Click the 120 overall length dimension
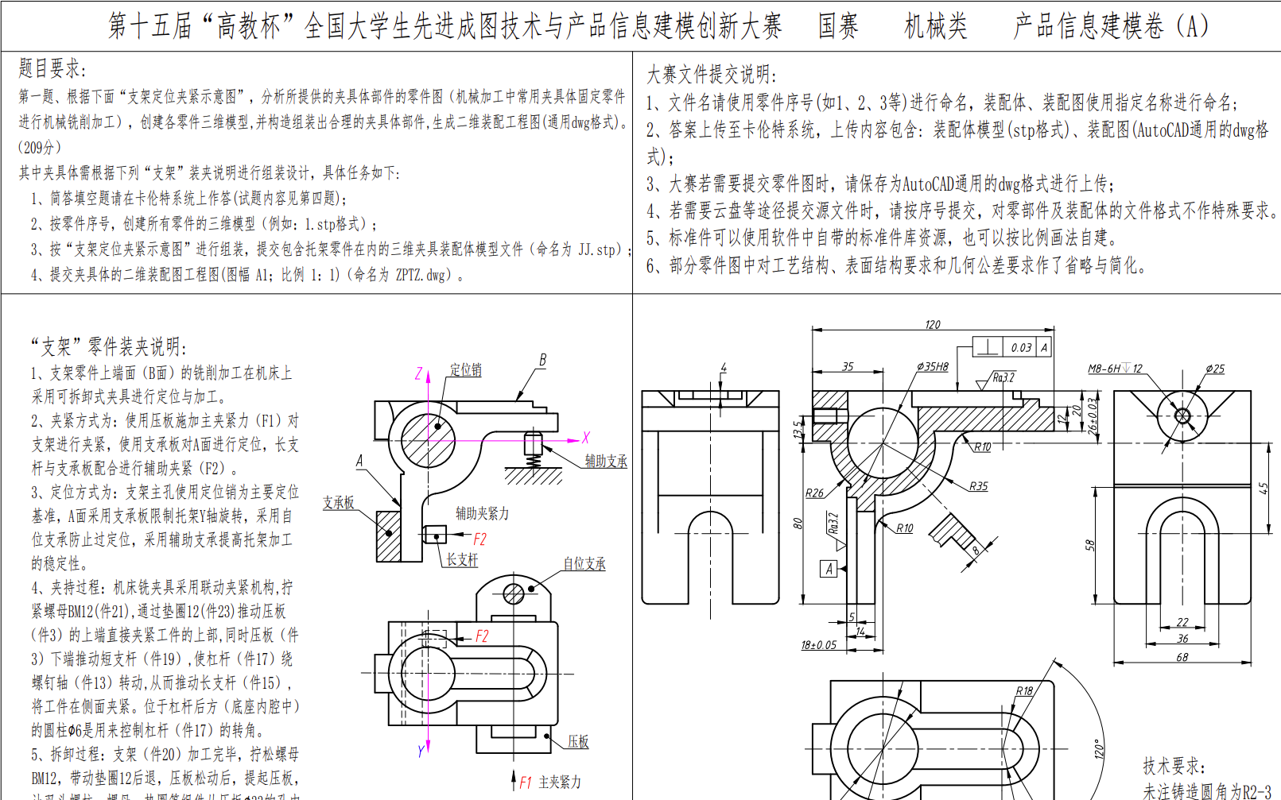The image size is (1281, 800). tap(933, 324)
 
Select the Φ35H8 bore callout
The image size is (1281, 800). tap(932, 367)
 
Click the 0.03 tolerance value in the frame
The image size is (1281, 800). tap(1021, 347)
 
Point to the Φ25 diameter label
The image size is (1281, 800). tap(1214, 369)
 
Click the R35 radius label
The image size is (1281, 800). tap(978, 486)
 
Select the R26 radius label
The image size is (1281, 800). tap(814, 493)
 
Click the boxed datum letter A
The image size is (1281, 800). tap(829, 569)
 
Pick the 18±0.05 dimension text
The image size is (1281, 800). tap(818, 645)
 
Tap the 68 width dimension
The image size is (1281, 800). tap(1182, 657)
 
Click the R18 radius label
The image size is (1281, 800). tap(1024, 691)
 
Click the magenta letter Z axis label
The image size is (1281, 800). tap(419, 373)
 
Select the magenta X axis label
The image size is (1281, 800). tap(586, 438)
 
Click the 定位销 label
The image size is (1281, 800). tap(466, 370)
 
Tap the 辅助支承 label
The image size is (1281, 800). tap(606, 461)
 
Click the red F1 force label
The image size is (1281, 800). tap(526, 783)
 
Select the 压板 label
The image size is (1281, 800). tap(578, 741)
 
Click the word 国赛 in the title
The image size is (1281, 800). tap(838, 27)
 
